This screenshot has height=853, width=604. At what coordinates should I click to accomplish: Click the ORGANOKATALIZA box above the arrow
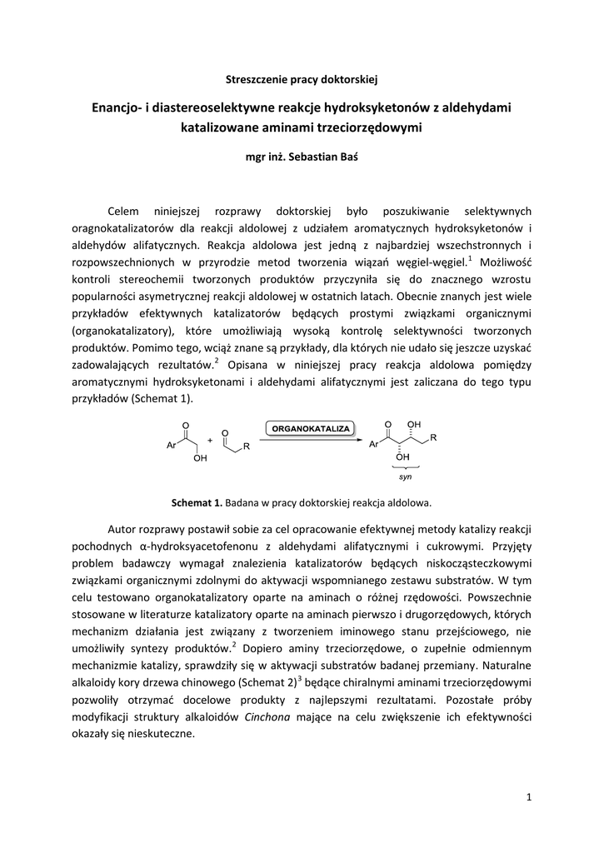311,429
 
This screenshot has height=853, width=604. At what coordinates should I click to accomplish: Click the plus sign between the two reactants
210,440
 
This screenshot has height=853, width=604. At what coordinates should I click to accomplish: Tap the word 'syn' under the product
405,477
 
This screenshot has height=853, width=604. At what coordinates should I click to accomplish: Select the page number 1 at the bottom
529,797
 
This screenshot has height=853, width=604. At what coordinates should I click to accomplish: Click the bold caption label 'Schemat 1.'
197,502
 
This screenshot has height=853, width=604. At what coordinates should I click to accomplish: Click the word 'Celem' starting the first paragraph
125,211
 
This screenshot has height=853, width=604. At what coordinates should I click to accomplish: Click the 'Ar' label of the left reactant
171,446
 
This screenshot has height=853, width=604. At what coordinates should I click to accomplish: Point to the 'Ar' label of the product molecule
373,445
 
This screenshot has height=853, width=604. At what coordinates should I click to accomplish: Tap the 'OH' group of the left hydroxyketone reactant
200,459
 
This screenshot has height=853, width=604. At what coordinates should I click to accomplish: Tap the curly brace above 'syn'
405,469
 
